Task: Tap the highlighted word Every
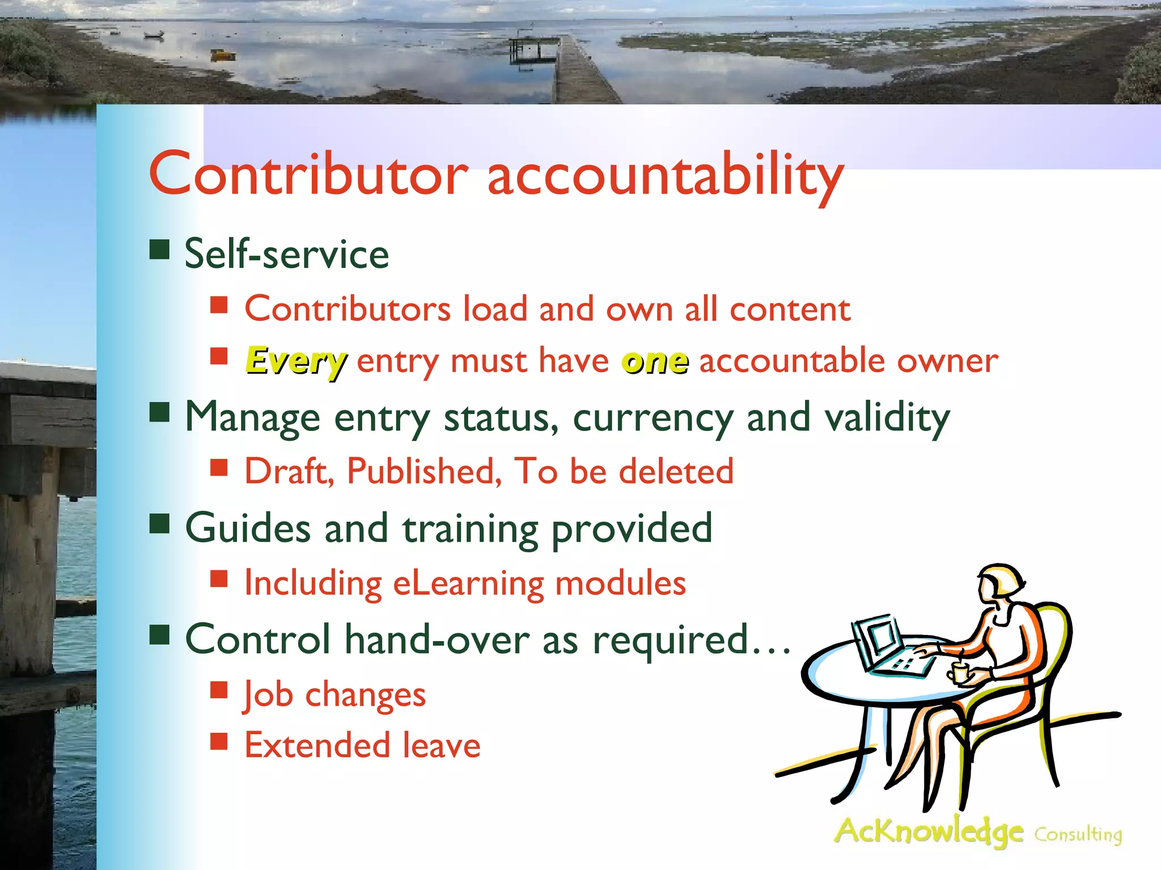click(x=296, y=361)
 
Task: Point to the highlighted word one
click(x=655, y=361)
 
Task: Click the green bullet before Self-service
click(x=160, y=249)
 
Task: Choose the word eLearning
click(x=468, y=583)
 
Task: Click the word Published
click(x=424, y=471)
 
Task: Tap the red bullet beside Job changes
click(x=219, y=690)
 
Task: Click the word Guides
click(x=248, y=528)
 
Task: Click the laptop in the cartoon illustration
click(x=884, y=646)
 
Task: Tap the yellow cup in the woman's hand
click(x=959, y=673)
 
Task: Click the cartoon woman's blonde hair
click(x=1006, y=581)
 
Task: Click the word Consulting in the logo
click(x=1078, y=834)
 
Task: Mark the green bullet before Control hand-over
click(x=160, y=635)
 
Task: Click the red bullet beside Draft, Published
click(x=219, y=467)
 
